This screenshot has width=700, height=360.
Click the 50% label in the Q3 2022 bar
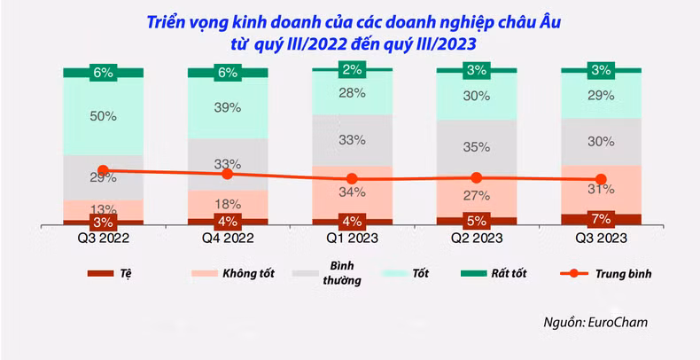tap(103, 116)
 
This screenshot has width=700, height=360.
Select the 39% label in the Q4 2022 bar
tap(228, 107)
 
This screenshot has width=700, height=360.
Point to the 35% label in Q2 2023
tap(477, 147)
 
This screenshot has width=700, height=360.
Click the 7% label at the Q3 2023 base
tap(602, 219)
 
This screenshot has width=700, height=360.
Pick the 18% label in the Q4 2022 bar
tap(228, 205)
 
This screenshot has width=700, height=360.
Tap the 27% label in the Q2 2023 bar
tap(477, 196)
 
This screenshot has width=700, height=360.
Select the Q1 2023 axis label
tap(353, 238)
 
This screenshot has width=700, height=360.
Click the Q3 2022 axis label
tap(103, 238)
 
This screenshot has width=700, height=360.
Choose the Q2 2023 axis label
tap(477, 238)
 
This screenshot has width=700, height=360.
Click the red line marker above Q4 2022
tap(228, 174)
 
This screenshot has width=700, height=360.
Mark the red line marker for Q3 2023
tap(602, 179)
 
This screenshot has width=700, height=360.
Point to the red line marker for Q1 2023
tap(353, 178)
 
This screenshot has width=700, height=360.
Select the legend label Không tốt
tap(248, 273)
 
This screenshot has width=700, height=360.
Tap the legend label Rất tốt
tap(509, 273)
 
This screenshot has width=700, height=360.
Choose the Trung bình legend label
tap(623, 274)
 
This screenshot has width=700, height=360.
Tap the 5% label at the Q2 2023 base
tap(477, 221)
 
